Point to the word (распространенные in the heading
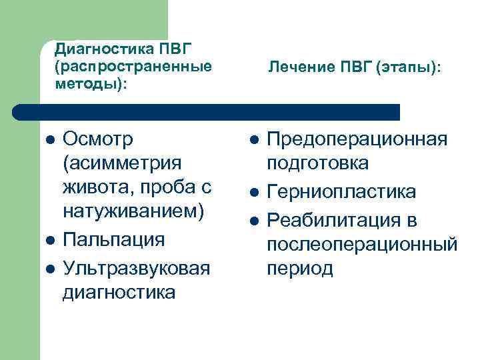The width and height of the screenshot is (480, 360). tap(133, 67)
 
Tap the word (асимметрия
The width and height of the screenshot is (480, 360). tap(121, 163)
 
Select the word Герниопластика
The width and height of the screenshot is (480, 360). tap(341, 193)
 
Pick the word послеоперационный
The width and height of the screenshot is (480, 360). tap(362, 245)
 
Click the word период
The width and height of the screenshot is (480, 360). tap(299, 269)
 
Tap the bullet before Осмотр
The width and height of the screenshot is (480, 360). tap(49, 140)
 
